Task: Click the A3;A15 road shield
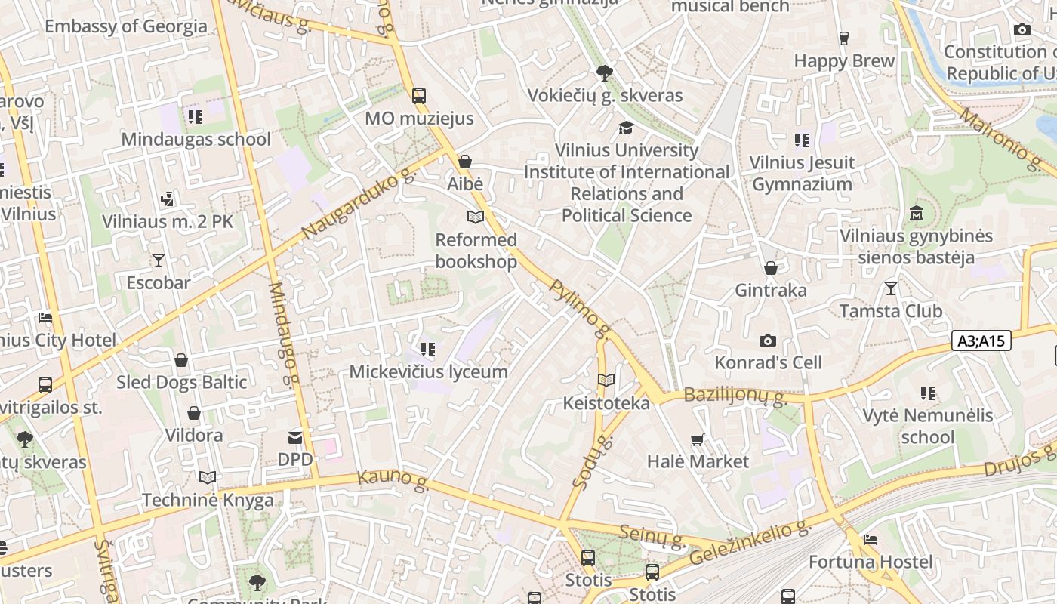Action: tap(981, 341)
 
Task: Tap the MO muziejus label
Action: tap(419, 118)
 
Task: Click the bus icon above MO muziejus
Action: tap(419, 96)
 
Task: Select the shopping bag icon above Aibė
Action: tap(465, 162)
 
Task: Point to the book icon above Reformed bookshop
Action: tap(475, 217)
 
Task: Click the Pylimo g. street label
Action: tap(580, 308)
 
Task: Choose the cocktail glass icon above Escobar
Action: tap(159, 260)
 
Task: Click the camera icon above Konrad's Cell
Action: tap(768, 341)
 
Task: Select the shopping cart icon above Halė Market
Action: tap(698, 439)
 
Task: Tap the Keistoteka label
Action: tap(606, 403)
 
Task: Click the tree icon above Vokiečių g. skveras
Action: tap(604, 73)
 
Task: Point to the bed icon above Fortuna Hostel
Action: tap(871, 540)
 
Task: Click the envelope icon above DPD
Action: tap(295, 437)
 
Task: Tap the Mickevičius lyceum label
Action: tap(428, 371)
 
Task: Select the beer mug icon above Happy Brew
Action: tap(844, 39)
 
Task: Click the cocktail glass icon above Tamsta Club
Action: tap(891, 288)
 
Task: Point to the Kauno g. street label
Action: tap(393, 479)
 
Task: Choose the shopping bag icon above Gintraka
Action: tap(771, 268)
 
